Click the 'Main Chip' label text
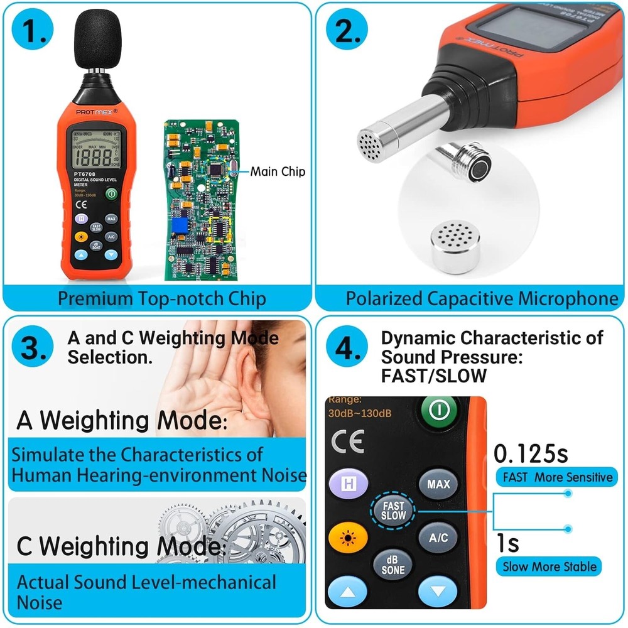278,171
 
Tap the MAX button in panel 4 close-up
438,484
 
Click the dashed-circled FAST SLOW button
394,511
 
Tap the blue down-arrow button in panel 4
438,591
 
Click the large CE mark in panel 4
347,442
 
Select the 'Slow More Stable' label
548,566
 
